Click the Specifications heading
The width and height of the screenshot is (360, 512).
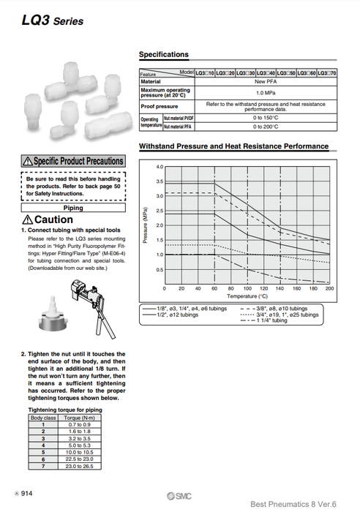164,55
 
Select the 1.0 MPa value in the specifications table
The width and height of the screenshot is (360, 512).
260,94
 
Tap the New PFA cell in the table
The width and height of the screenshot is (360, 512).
260,82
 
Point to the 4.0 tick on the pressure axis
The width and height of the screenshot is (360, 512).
160,167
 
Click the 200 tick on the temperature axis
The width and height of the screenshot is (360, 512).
329,289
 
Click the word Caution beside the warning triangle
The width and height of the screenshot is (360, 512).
53,220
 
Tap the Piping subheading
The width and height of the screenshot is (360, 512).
73,208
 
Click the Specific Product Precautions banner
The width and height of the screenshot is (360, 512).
73,161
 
